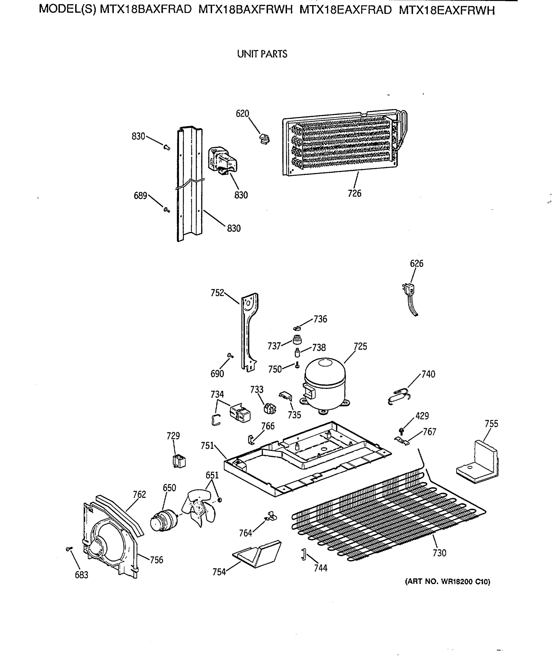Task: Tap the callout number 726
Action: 354,193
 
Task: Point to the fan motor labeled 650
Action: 162,520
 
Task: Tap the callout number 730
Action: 439,553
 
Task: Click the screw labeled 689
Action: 167,209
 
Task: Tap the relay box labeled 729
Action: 179,461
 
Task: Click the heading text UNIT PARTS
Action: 262,54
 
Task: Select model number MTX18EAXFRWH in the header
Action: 446,11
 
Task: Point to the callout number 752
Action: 217,292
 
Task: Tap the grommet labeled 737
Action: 297,340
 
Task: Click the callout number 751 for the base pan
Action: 207,446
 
